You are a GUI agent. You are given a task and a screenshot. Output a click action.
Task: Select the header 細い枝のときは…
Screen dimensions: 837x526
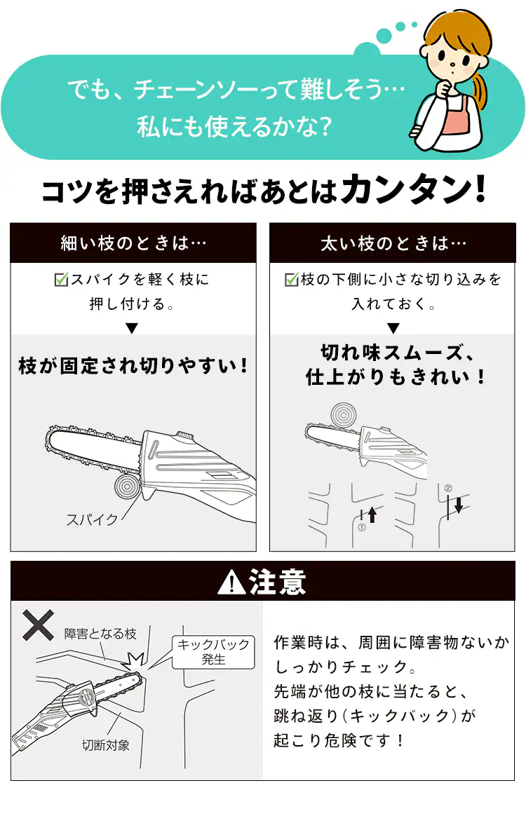click(x=133, y=243)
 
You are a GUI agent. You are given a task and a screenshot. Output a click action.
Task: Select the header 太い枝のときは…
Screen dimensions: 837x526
click(x=393, y=243)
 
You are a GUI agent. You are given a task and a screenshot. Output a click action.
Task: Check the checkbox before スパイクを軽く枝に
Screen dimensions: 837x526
click(x=61, y=280)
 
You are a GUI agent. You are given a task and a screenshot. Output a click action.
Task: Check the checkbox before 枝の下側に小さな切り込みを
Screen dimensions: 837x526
click(x=292, y=280)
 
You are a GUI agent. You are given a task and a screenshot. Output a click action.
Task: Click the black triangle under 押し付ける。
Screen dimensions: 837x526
click(x=133, y=328)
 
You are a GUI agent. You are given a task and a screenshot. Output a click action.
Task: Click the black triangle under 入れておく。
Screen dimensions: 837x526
click(x=393, y=328)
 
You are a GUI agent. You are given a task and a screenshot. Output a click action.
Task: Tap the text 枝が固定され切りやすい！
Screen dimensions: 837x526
click(x=133, y=365)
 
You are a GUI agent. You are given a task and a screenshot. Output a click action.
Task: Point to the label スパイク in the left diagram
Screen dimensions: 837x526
click(x=92, y=519)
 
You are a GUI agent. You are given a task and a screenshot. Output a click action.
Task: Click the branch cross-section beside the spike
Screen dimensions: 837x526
click(x=126, y=486)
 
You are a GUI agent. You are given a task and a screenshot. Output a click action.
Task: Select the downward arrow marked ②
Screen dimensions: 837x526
click(x=458, y=503)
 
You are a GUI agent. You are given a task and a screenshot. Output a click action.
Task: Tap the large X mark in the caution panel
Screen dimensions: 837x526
click(x=39, y=625)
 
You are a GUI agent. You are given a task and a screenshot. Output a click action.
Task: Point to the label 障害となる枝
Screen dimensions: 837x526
click(x=100, y=633)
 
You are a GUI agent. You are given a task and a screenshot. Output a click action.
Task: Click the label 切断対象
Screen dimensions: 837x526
click(x=106, y=745)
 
